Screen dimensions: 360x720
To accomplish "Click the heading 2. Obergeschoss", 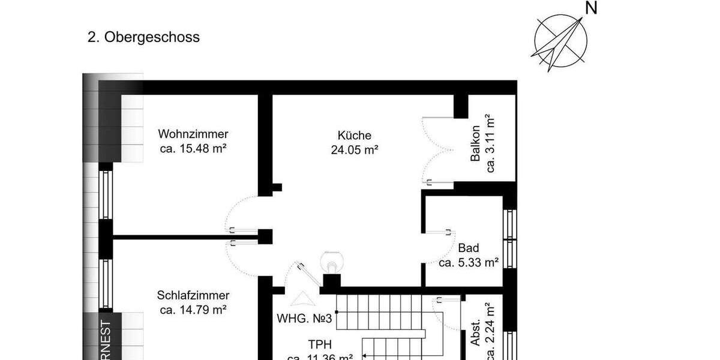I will (x=143, y=37).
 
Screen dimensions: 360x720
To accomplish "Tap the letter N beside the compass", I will (x=592, y=8).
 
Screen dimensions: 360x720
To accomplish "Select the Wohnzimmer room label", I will (x=193, y=134).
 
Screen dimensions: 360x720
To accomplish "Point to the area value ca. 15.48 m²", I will (x=193, y=148).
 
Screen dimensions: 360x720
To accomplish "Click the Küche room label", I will (x=354, y=135).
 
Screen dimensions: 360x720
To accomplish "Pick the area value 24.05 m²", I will (x=354, y=150).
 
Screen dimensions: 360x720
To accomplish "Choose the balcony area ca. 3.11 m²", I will (x=490, y=143).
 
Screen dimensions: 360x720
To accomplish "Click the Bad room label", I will (x=468, y=248).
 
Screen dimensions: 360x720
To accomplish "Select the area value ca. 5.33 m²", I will (x=469, y=262).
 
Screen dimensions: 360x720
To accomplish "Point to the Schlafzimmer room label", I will (x=193, y=295).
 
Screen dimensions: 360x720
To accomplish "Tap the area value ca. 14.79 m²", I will (x=193, y=310).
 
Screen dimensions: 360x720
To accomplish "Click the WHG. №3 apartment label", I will (x=304, y=318).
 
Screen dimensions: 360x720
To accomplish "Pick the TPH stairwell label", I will (x=320, y=345).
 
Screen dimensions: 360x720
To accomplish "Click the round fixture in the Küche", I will (x=331, y=262).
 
